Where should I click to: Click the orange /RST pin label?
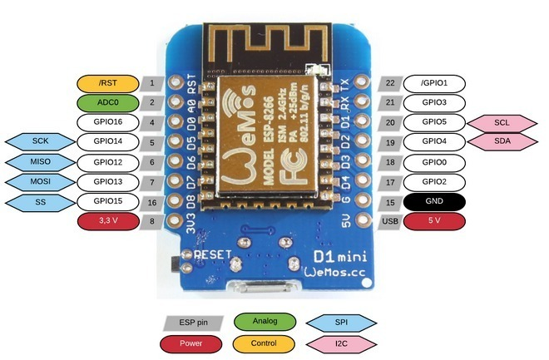pos(107,83)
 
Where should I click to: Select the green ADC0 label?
pos(107,103)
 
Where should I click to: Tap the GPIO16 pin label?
pos(107,122)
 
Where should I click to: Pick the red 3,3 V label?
pos(107,220)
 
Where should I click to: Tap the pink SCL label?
pos(502,122)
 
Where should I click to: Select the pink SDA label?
pos(502,141)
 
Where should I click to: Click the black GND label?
pos(434,201)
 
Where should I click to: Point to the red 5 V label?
pos(434,220)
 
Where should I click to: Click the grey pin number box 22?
pos(390,83)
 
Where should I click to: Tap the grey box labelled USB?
pos(390,220)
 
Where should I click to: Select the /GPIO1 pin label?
pos(434,83)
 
